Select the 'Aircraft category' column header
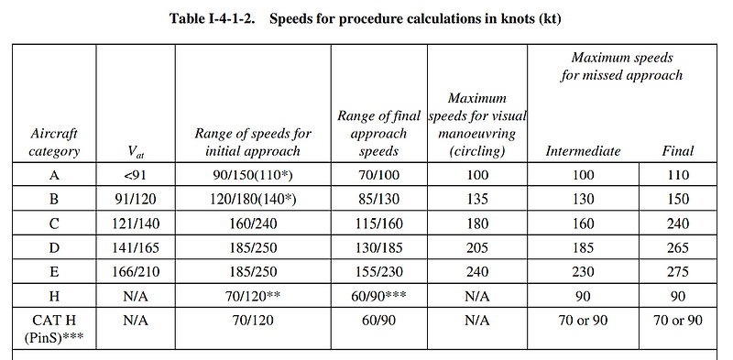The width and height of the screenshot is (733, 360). click(54, 143)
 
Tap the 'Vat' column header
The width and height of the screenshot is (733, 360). click(135, 152)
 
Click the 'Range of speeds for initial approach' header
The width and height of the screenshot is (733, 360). click(254, 143)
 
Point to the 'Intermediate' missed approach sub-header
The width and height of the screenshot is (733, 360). click(583, 151)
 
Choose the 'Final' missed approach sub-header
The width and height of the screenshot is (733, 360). click(677, 151)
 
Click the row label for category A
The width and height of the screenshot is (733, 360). click(54, 174)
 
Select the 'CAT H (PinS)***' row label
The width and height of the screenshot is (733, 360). click(54, 329)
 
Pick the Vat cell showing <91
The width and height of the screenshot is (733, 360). click(135, 174)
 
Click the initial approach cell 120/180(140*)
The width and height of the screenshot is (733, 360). click(254, 198)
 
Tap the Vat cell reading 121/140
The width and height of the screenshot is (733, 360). click(135, 222)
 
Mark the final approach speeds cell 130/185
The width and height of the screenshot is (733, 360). click(378, 245)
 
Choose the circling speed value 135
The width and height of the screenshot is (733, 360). click(476, 198)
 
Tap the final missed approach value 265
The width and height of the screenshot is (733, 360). click(677, 245)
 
